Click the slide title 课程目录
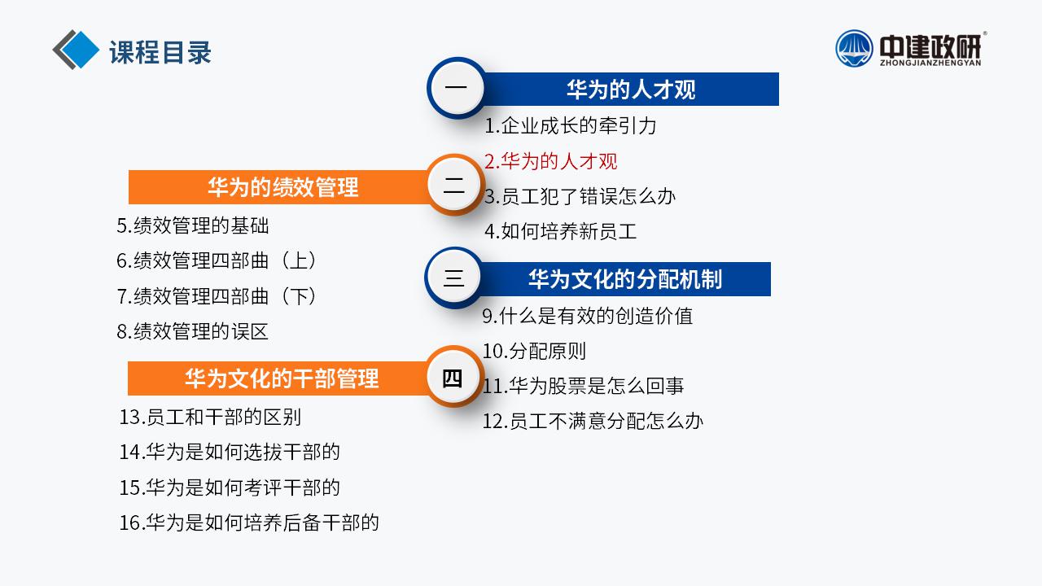[x=160, y=51]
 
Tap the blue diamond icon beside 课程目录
[x=80, y=50]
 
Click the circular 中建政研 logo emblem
[x=854, y=48]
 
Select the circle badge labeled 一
[x=457, y=87]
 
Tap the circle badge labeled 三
[x=454, y=278]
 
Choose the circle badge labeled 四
[x=453, y=377]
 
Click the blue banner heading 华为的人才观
[x=631, y=90]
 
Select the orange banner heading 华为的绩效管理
[x=282, y=187]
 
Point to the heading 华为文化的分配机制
[x=624, y=279]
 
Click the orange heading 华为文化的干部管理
[x=282, y=378]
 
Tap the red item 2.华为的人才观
[x=551, y=161]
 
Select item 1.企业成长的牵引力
[x=571, y=125]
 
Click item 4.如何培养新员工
[x=561, y=231]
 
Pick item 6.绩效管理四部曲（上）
[x=217, y=260]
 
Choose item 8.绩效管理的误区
[x=193, y=331]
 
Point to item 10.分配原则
[x=534, y=351]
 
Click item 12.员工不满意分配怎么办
[x=593, y=421]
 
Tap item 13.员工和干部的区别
[x=210, y=417]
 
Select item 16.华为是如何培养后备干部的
[x=249, y=523]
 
